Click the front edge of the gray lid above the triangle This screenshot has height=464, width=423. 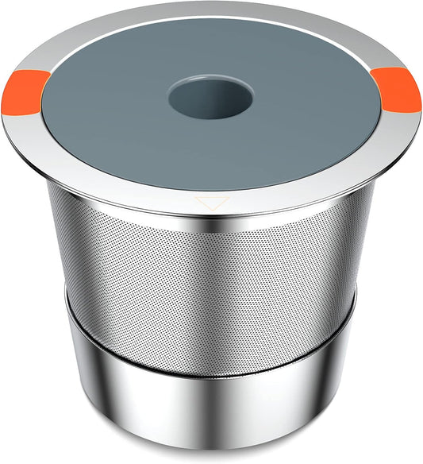coord(210,188)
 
